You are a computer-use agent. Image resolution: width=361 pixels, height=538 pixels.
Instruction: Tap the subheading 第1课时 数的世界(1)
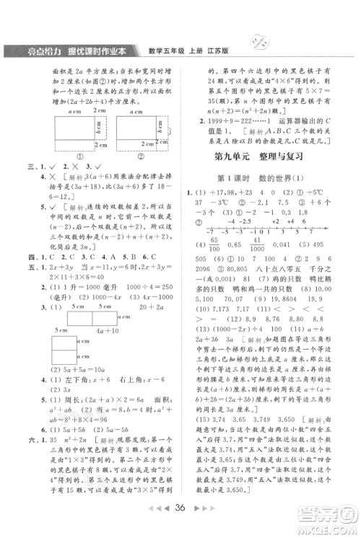[x=256, y=177]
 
